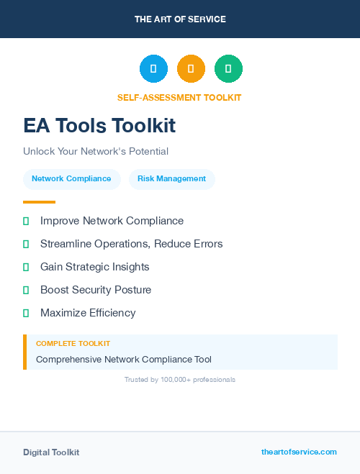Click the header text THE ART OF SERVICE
point(180,19)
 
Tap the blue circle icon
point(153,68)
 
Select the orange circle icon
point(191,68)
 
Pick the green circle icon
point(228,68)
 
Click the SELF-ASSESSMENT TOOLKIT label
point(179,97)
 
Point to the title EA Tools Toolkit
point(99,126)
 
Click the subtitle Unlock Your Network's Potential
point(96,152)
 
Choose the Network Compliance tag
point(71,178)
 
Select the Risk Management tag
point(171,178)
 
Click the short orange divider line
point(39,202)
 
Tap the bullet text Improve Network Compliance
point(112,221)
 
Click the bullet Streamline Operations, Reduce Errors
point(131,244)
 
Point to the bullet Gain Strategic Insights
point(94,267)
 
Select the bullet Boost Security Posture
point(96,290)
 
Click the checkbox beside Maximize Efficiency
point(26,313)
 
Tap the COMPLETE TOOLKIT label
point(73,344)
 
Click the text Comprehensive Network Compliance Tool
point(124,360)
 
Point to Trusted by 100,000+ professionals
point(180,379)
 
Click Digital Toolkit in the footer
point(51,452)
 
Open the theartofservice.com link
point(299,452)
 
